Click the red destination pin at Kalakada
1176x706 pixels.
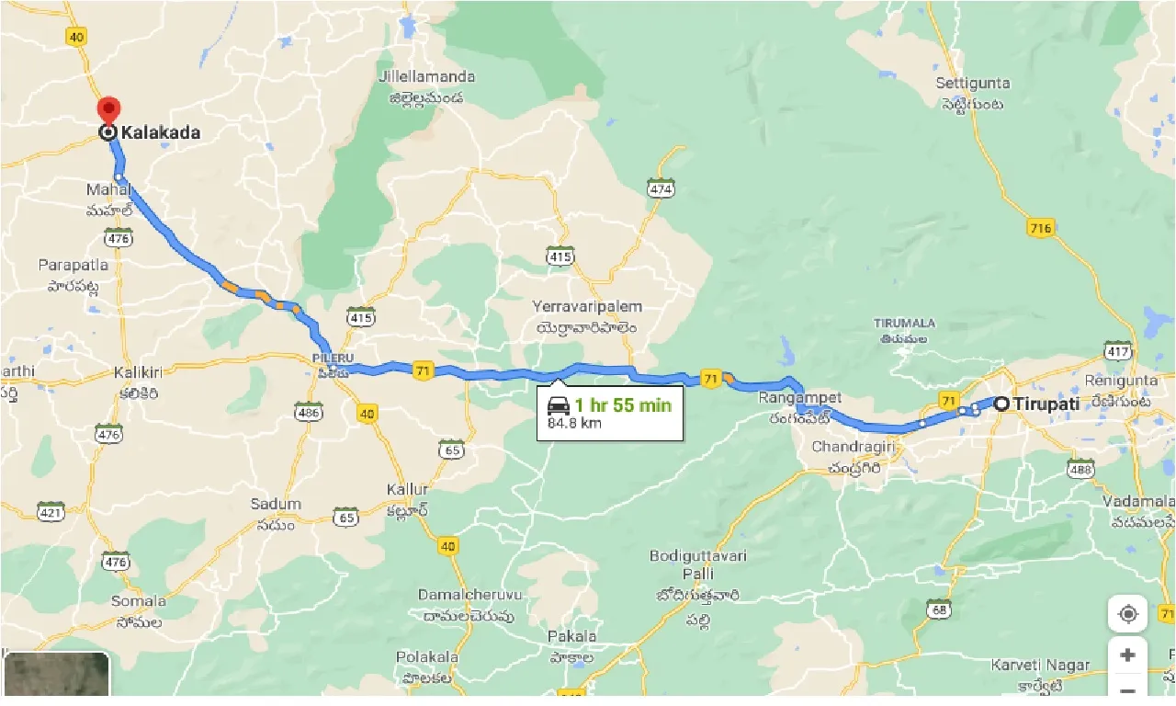click(x=108, y=109)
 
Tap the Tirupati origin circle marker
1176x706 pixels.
click(x=1001, y=403)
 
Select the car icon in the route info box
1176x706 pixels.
click(x=558, y=405)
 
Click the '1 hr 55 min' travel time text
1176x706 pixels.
click(x=623, y=405)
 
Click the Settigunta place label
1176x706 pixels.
click(x=973, y=83)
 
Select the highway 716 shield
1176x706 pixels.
click(x=1041, y=227)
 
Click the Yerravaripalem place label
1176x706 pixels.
click(x=587, y=307)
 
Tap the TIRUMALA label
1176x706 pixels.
click(x=905, y=324)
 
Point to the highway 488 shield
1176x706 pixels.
click(x=1081, y=470)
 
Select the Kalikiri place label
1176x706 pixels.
click(x=138, y=372)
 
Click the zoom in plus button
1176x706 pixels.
click(x=1127, y=655)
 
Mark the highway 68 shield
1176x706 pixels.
click(x=938, y=609)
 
